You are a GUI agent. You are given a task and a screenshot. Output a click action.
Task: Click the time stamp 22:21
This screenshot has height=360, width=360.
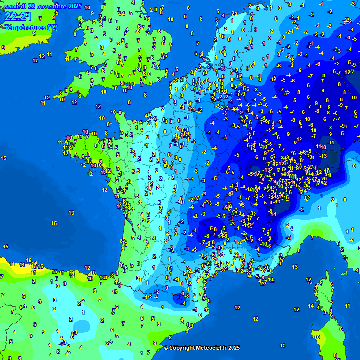coord(18,17)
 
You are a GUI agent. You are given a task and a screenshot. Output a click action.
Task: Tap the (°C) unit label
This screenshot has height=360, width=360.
coord(52,27)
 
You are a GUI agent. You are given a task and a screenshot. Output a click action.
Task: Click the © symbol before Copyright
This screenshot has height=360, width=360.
coord(166,348)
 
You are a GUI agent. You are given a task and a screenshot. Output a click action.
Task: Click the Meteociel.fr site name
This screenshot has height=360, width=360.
coord(214,348)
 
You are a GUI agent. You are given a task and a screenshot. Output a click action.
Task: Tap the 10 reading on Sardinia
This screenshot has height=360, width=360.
coord(317,337)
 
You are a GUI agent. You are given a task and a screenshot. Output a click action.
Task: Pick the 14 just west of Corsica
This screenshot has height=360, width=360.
coord(311,306)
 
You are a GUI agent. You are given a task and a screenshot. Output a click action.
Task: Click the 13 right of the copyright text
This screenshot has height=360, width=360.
coord(283,345)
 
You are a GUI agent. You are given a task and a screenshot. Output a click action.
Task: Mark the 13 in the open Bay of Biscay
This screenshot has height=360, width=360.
coord(71,213)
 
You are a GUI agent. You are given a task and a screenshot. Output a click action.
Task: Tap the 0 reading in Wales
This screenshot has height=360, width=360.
coord(102,47)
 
